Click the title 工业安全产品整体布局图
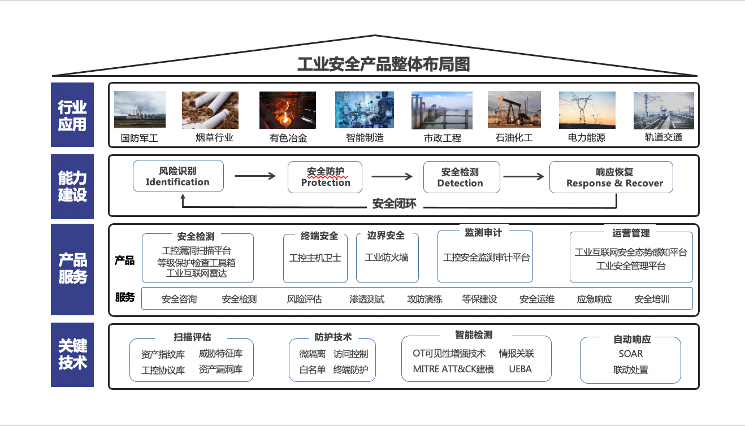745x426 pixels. tap(384, 64)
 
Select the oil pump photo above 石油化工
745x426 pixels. tap(514, 110)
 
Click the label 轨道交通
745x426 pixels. tap(663, 137)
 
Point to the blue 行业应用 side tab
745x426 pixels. tap(72, 115)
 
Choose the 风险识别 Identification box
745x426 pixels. tap(178, 176)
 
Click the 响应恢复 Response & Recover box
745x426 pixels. tap(611, 177)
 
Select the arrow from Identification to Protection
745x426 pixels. tap(255, 176)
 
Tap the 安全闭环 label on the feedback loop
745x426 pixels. tap(394, 203)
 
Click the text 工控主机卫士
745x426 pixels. tap(315, 258)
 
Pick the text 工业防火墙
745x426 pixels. tap(387, 258)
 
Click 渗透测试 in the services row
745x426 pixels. tap(367, 299)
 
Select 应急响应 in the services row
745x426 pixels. tap(594, 299)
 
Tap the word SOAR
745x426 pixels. tap(630, 354)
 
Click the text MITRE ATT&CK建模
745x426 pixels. tap(453, 370)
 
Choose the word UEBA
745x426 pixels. tap(520, 370)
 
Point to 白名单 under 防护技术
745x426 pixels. tap(312, 370)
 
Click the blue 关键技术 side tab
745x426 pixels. tap(72, 355)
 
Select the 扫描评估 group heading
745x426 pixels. tap(192, 337)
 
